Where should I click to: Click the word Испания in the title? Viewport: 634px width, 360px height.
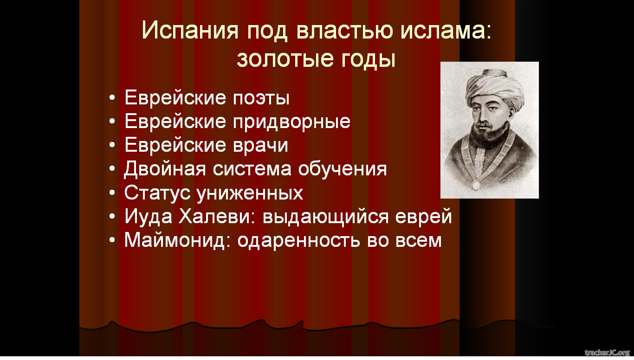pyautogui.click(x=190, y=30)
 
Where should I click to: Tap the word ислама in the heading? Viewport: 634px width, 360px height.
pyautogui.click(x=446, y=30)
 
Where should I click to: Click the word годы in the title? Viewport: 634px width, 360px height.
pyautogui.click(x=368, y=60)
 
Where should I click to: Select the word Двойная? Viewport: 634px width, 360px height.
pyautogui.click(x=165, y=168)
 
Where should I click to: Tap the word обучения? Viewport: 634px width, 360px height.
pyautogui.click(x=343, y=169)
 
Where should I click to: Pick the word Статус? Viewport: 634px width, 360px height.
pyautogui.click(x=157, y=193)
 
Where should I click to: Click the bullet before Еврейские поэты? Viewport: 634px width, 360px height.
pyautogui.click(x=112, y=98)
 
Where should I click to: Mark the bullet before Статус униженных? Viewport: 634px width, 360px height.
pyautogui.click(x=112, y=193)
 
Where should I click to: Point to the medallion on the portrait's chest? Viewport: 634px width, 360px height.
pyautogui.click(x=476, y=185)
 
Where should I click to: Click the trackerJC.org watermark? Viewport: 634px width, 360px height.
pyautogui.click(x=607, y=353)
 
